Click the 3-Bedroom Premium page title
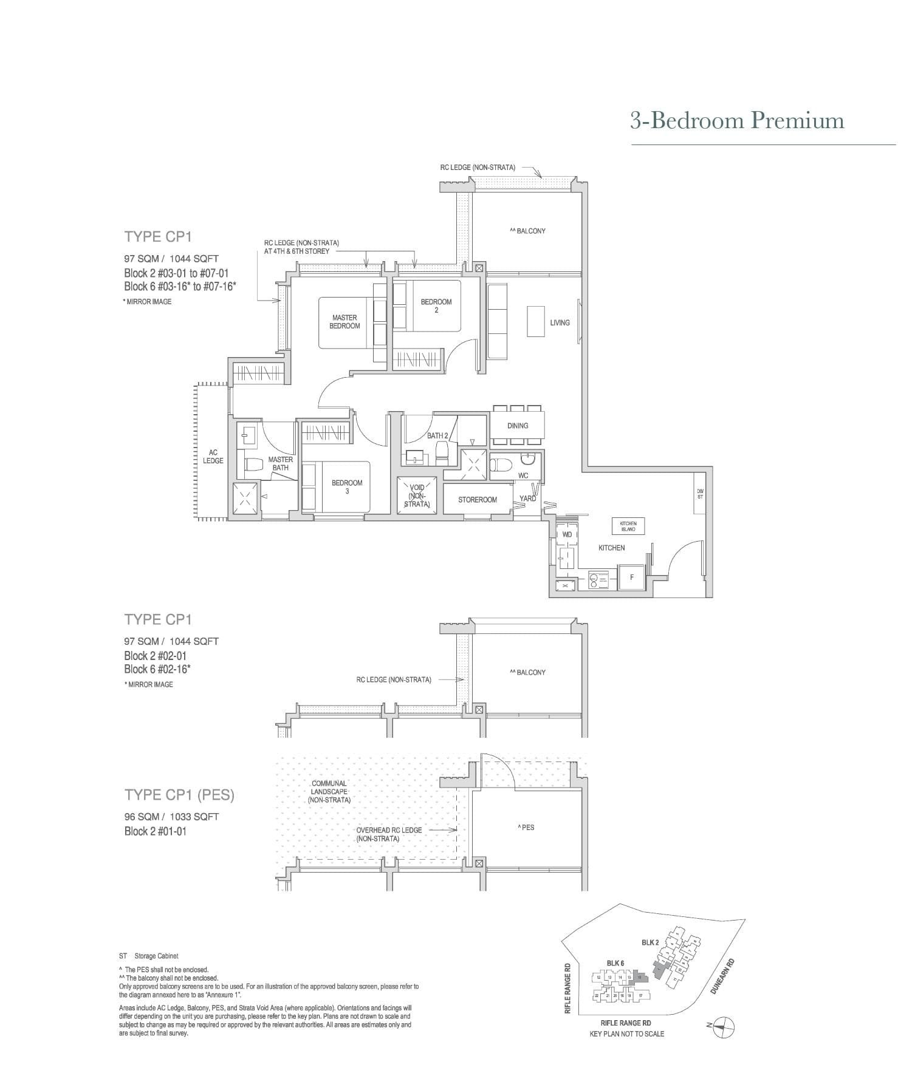pyautogui.click(x=737, y=121)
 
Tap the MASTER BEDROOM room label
pyautogui.click(x=344, y=322)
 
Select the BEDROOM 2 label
pyautogui.click(x=436, y=305)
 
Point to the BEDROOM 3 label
pyautogui.click(x=347, y=487)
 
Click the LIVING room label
pyautogui.click(x=560, y=322)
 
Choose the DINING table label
pyautogui.click(x=518, y=426)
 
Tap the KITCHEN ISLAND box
pyautogui.click(x=628, y=526)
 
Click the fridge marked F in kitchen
pyautogui.click(x=632, y=577)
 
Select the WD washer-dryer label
pyautogui.click(x=567, y=535)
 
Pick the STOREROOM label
pyautogui.click(x=478, y=500)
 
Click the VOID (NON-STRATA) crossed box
pyautogui.click(x=417, y=495)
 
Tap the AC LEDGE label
pyautogui.click(x=213, y=457)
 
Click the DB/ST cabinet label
pyautogui.click(x=701, y=494)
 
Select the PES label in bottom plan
pyautogui.click(x=526, y=827)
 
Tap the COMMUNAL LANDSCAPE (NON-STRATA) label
pyautogui.click(x=329, y=791)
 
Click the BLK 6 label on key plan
pyautogui.click(x=615, y=963)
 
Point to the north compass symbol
pyautogui.click(x=723, y=1026)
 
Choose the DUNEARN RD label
pyautogui.click(x=722, y=976)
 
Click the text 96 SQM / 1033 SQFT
pyautogui.click(x=171, y=817)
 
